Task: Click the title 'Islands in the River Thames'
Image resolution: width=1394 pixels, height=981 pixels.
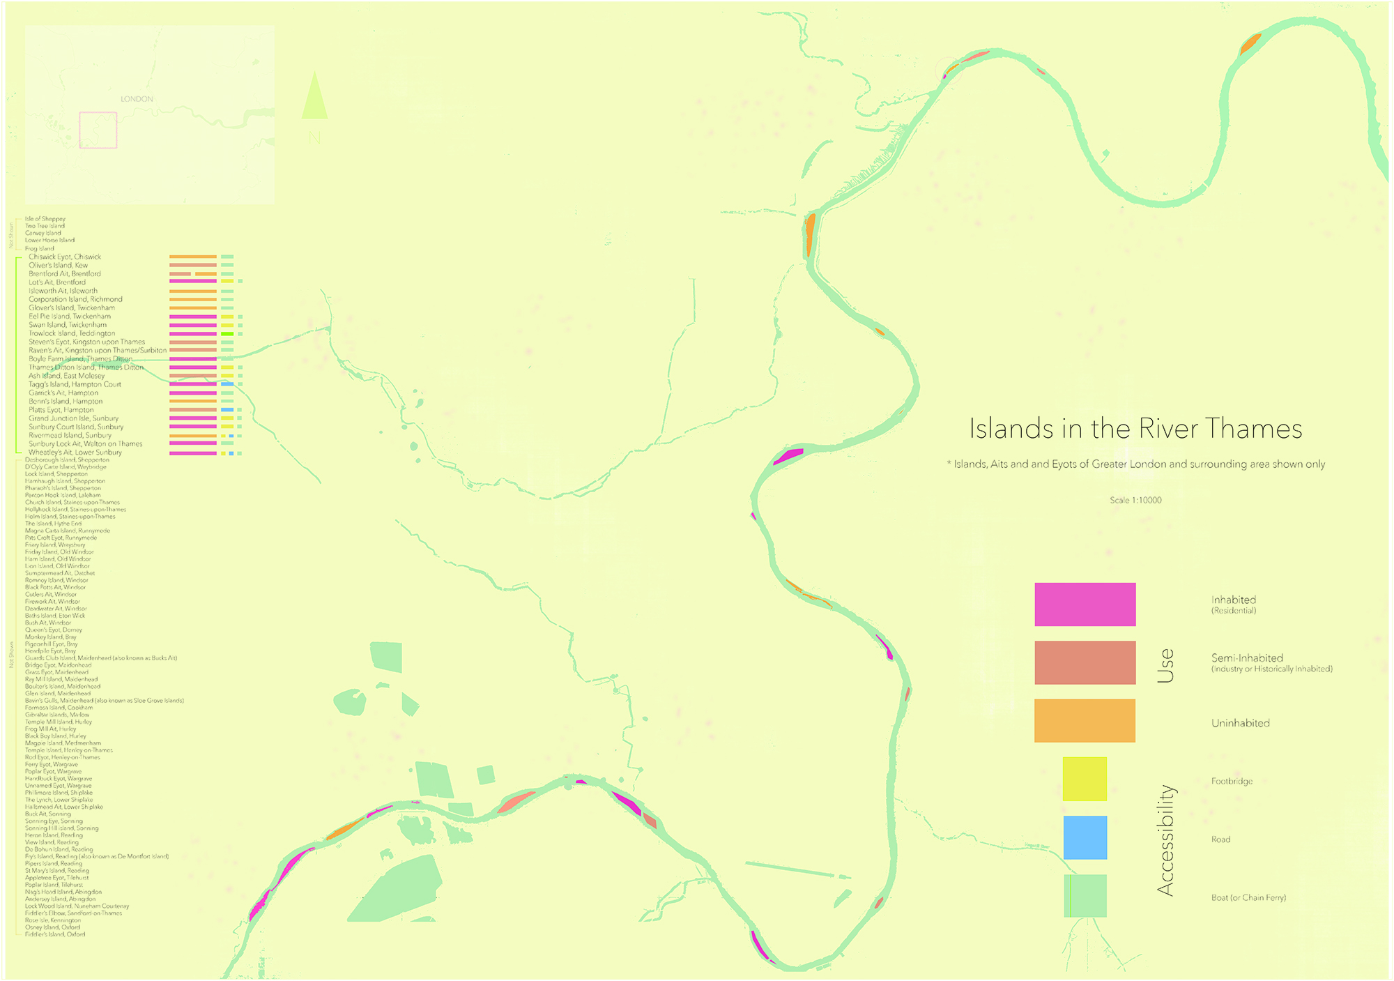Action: (1135, 428)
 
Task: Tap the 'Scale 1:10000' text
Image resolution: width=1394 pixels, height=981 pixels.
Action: (1135, 500)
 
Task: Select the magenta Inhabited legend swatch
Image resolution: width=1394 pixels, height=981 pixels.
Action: (1085, 604)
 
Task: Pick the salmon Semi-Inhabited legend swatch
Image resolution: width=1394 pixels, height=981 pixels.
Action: (1085, 662)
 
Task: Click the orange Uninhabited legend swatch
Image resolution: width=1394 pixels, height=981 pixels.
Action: (1085, 720)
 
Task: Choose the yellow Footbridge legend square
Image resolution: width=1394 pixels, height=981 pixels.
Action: (1085, 779)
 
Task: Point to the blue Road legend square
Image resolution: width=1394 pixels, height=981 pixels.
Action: (1085, 837)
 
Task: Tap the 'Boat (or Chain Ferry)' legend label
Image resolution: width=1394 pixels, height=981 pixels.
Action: (1248, 897)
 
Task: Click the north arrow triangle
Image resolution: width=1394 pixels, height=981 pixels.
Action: (314, 98)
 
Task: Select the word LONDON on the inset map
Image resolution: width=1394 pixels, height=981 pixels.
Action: (137, 99)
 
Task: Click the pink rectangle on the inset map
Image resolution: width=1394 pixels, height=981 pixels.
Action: (98, 130)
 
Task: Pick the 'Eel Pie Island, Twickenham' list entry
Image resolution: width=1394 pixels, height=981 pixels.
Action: (70, 317)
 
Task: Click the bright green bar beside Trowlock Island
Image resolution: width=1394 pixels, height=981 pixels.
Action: (227, 334)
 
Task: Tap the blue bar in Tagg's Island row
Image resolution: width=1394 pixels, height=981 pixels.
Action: (227, 384)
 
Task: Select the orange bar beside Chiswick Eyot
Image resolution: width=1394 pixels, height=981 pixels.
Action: (193, 257)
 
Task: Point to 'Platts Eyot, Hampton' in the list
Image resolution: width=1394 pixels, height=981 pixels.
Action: (61, 410)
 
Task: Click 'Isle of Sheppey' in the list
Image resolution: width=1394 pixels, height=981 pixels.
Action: (45, 219)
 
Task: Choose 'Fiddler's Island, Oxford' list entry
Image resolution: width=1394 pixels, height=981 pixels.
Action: (55, 934)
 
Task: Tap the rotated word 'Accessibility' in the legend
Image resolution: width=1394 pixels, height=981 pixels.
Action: (1165, 840)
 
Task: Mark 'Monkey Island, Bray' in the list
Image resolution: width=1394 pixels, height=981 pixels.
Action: (51, 637)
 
